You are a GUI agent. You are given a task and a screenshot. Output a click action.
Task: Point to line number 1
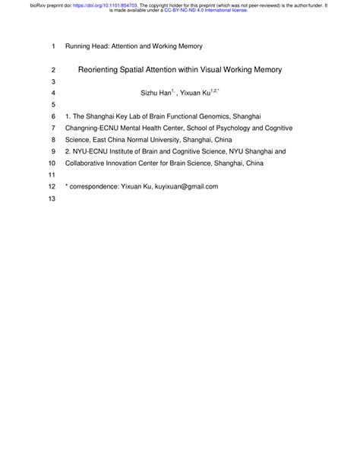[x=53, y=46]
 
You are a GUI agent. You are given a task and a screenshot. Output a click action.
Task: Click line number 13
[x=52, y=199]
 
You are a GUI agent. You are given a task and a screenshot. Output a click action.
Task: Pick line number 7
[x=53, y=128]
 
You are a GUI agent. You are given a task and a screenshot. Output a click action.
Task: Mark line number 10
[x=52, y=163]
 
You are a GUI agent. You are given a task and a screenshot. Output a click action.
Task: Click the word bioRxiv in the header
[x=16, y=4]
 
